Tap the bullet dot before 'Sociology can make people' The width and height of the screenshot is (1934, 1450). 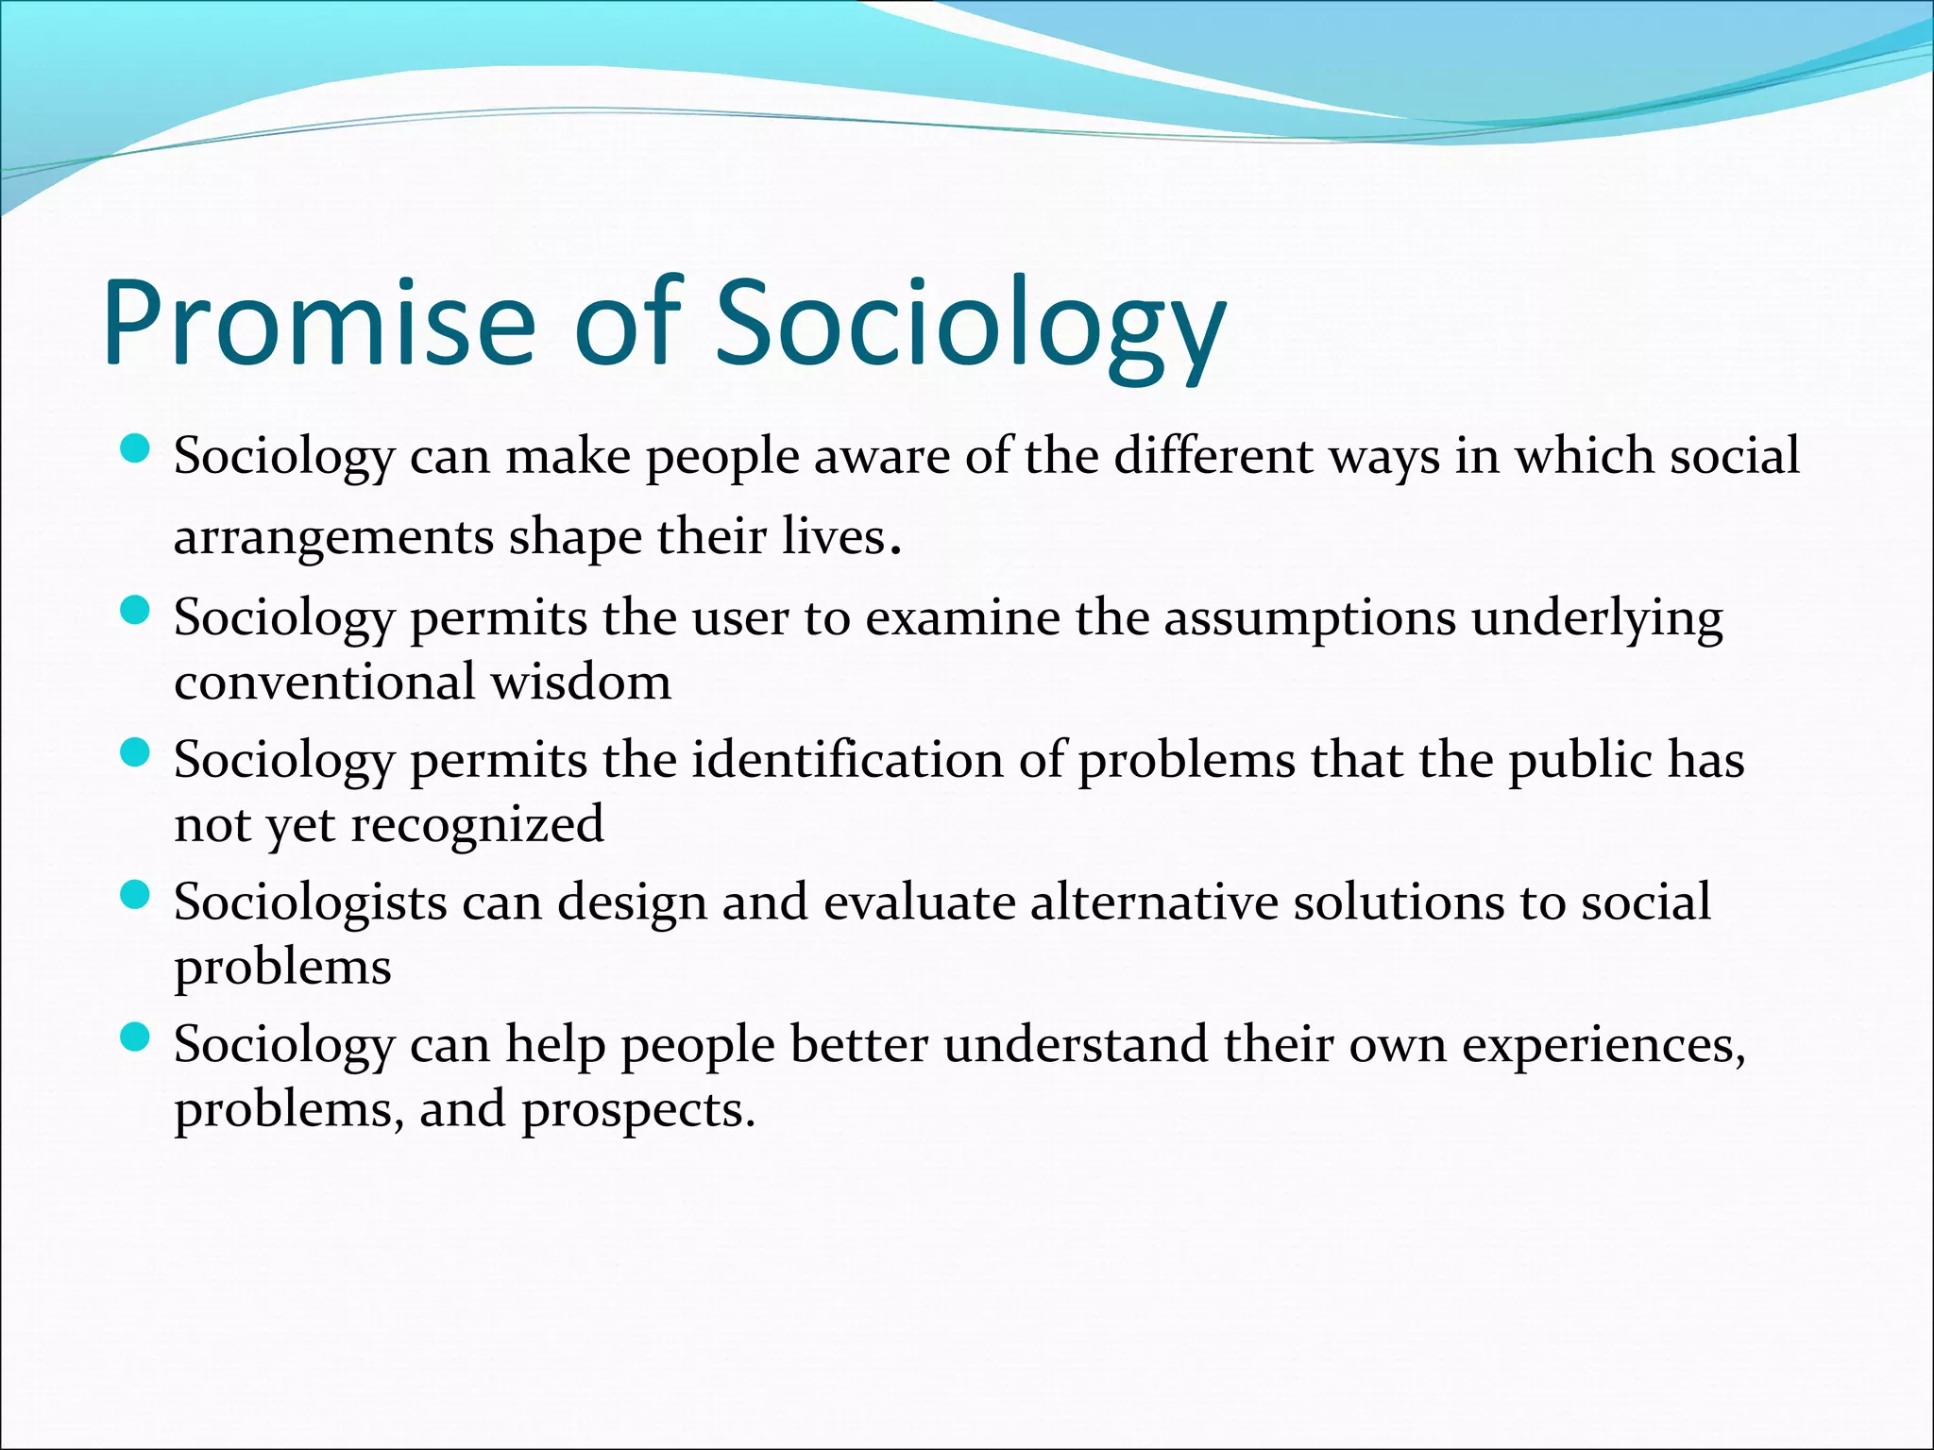click(x=136, y=449)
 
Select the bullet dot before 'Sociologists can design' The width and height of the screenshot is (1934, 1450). click(x=136, y=895)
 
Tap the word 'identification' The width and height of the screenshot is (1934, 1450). click(x=847, y=760)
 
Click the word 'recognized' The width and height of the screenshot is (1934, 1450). click(x=477, y=825)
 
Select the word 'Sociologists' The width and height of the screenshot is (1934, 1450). click(x=310, y=902)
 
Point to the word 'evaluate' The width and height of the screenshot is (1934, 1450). click(x=919, y=902)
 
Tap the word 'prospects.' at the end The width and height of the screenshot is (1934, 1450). click(x=638, y=1110)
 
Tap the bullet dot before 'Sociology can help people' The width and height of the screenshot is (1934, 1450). click(x=136, y=1037)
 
